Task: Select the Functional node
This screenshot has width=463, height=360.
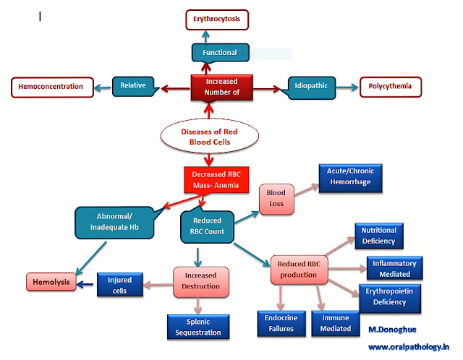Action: point(219,52)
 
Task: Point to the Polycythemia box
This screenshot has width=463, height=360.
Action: point(390,87)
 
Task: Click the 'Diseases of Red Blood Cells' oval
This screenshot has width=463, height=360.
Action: point(210,136)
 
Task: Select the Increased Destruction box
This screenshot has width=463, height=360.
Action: point(200,283)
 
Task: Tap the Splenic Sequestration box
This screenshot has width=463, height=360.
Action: point(198,326)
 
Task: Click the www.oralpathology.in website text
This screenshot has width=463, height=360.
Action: point(409,347)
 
